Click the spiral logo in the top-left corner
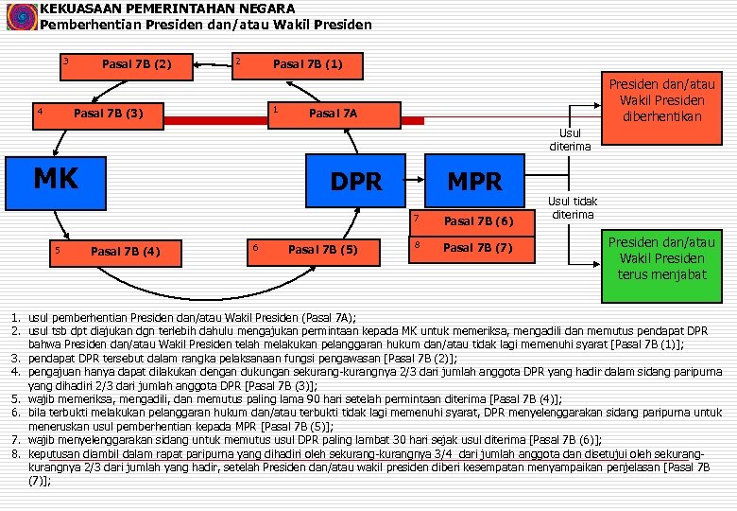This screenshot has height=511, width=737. (18, 17)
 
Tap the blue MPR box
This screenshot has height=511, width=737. (474, 182)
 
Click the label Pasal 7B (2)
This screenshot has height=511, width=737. (136, 65)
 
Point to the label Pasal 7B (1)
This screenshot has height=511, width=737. (307, 65)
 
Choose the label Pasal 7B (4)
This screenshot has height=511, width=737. (125, 251)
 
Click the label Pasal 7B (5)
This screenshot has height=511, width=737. (322, 250)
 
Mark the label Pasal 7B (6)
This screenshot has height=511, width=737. (477, 221)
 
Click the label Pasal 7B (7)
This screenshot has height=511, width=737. (477, 248)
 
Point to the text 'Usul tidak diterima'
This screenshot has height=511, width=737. (573, 207)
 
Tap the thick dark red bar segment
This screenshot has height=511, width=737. (216, 119)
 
